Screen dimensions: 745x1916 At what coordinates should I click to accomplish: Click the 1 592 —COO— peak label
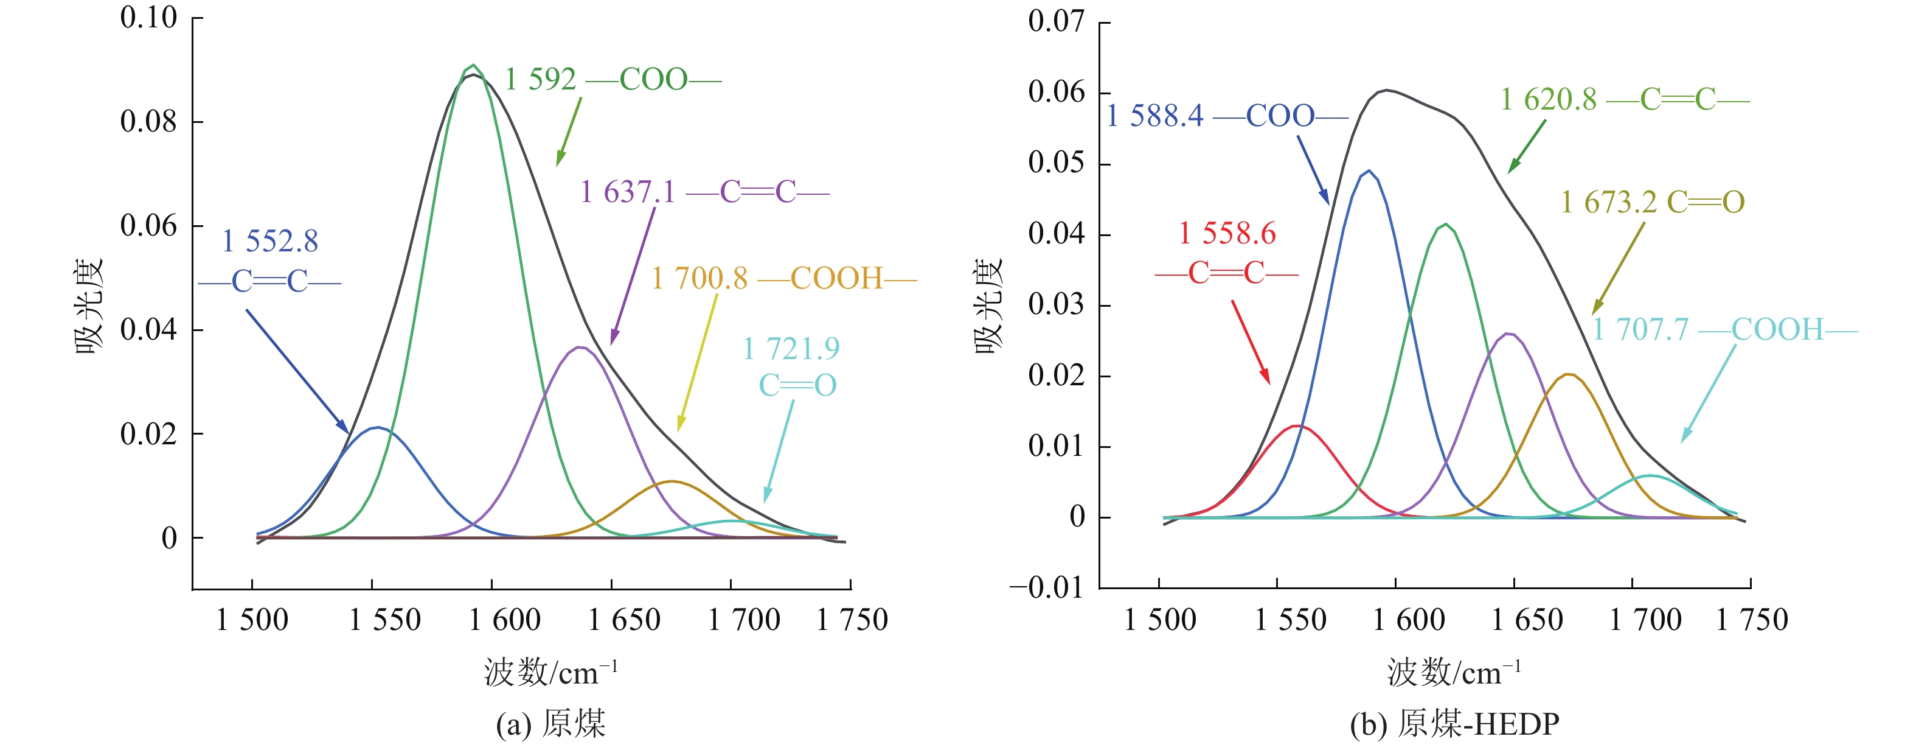coord(613,80)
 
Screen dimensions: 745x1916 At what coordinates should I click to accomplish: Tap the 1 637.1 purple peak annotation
coord(704,192)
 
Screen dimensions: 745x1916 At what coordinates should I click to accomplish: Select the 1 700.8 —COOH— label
coord(784,278)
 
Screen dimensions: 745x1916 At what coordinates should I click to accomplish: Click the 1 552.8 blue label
coord(269,261)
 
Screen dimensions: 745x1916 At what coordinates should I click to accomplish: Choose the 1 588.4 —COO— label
coord(1226,116)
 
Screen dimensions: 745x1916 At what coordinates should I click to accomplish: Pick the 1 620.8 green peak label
coord(1625,99)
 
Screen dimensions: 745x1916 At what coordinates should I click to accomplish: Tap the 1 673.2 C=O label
coord(1652,201)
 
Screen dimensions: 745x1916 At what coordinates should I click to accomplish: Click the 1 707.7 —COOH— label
coord(1724,329)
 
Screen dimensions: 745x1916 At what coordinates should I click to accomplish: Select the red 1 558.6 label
coord(1226,253)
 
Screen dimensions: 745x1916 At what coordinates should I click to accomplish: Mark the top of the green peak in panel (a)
coord(474,66)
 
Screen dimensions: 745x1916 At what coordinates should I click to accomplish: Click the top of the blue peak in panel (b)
coord(1369,170)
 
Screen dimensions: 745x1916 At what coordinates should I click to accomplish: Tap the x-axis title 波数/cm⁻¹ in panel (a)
coord(550,672)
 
